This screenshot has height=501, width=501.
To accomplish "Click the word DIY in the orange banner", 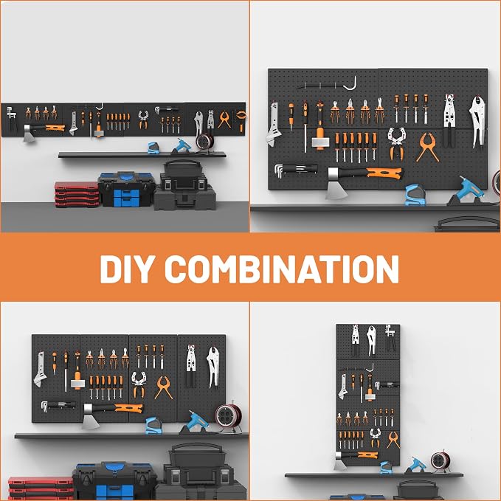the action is [125, 269].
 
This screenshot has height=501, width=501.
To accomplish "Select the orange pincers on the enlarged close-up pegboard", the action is [427, 148].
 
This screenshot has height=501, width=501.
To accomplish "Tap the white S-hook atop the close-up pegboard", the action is [350, 83].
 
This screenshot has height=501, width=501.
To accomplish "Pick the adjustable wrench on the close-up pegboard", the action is [273, 125].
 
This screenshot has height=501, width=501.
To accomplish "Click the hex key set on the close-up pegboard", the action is [296, 170].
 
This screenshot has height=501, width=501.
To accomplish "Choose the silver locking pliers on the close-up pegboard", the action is [477, 122].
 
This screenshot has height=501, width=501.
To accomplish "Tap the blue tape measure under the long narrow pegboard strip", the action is [153, 148].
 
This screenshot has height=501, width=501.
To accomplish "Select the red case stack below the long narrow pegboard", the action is [77, 194].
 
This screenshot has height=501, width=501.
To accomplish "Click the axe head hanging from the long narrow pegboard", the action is [29, 133].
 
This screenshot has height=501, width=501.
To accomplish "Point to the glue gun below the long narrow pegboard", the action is [182, 146].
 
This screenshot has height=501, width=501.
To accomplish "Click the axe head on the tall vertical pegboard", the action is [340, 461].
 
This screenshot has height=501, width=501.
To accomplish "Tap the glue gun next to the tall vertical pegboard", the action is [417, 465].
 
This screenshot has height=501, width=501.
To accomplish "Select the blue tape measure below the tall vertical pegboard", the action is [386, 468].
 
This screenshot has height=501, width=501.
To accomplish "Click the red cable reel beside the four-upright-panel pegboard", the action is [228, 417].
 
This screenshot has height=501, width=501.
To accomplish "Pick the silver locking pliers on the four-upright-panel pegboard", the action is [213, 367].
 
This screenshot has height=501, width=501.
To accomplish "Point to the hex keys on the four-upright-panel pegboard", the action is [58, 406].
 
